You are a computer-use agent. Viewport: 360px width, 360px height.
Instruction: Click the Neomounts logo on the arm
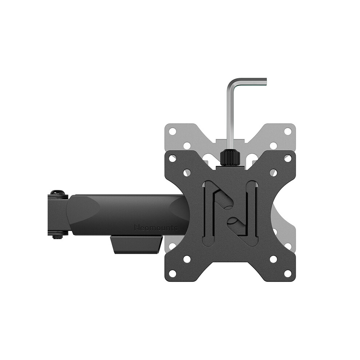point(156,228)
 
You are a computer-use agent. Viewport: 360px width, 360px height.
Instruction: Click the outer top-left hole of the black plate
point(173,158)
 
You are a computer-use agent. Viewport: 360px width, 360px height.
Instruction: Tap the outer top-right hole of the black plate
point(288,158)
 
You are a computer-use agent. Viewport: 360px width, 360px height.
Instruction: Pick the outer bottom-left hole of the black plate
point(173,273)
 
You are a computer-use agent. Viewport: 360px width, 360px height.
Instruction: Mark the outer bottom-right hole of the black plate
point(288,273)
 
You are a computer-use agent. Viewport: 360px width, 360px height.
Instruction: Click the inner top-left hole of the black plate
point(187,173)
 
